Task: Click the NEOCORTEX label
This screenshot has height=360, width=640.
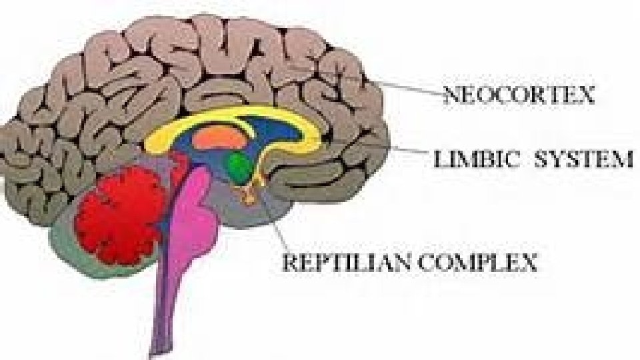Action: (519, 97)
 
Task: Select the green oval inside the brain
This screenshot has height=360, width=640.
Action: (238, 166)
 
